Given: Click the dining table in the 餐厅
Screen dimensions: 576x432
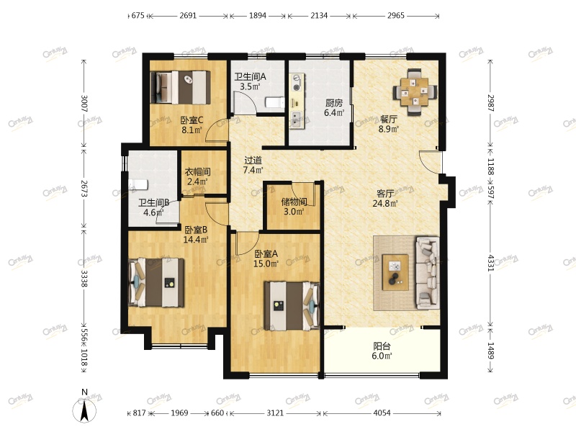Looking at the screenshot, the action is coord(415,92).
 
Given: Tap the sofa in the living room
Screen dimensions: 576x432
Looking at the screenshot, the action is coord(427,272).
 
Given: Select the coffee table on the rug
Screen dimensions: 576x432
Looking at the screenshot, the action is coord(395,272).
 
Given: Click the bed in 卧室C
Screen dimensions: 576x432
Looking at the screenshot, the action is coord(181,87).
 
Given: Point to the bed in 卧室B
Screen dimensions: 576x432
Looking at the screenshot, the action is coord(156,282).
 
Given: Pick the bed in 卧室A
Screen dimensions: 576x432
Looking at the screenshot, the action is coord(292,306).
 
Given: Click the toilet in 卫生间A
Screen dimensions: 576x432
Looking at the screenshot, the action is coord(274,102).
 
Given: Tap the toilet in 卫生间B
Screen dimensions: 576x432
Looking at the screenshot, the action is coord(138,184).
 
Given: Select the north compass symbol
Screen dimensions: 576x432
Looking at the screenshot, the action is coord(84,407).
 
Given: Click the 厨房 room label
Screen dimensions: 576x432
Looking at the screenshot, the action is coord(334,103).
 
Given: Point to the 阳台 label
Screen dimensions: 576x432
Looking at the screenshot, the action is coord(382,346).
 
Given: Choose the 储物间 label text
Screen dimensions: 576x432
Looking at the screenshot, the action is coord(294,202).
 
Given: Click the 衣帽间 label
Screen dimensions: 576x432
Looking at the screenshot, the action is coord(197,171).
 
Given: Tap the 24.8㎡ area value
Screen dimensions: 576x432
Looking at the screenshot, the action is coord(385,203).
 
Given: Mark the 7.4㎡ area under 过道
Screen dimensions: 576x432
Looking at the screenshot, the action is coord(253,170).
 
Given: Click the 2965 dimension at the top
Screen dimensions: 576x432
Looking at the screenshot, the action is coord(395,15).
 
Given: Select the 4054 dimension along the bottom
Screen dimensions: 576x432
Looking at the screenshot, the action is coord(382,413).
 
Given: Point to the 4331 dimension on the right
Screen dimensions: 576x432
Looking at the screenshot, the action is coord(491,261).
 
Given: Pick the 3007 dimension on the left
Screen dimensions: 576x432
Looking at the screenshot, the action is coord(84,104).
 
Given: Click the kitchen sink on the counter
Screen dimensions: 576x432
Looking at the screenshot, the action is coord(297,119).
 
